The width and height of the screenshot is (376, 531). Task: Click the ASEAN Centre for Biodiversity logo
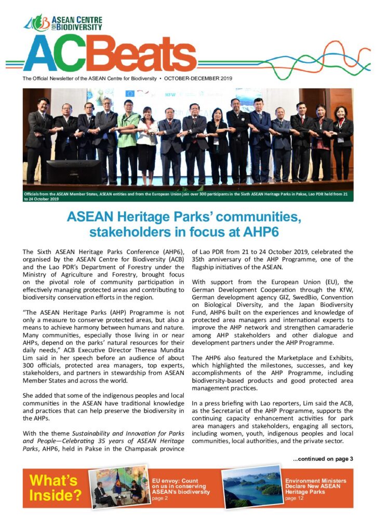coord(63,23)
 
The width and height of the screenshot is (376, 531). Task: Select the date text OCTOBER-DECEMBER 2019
coord(198,79)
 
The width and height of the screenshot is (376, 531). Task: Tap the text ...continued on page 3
coord(323,459)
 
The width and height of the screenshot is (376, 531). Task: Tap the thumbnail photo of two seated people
coord(119,488)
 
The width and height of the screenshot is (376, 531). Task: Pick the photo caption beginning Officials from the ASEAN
coord(187,195)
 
